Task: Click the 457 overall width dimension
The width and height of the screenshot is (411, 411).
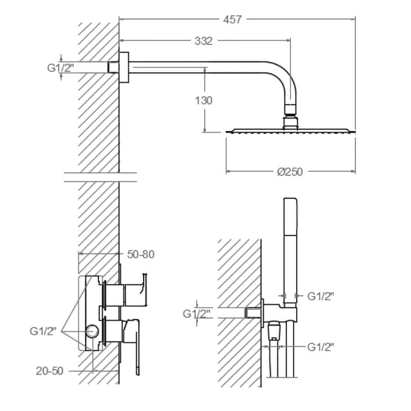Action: pyautogui.click(x=232, y=20)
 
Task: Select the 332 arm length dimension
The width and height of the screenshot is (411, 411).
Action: pyautogui.click(x=203, y=41)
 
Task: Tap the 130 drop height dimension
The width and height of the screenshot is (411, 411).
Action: pyautogui.click(x=204, y=100)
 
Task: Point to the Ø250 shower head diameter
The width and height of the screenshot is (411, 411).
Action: pyautogui.click(x=290, y=172)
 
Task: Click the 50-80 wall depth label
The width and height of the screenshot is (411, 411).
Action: pyautogui.click(x=141, y=254)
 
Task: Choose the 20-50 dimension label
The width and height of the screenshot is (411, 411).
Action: pyautogui.click(x=49, y=371)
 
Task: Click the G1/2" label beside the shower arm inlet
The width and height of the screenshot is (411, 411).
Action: pyautogui.click(x=61, y=68)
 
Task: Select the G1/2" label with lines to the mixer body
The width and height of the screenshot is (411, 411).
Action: pyautogui.click(x=43, y=331)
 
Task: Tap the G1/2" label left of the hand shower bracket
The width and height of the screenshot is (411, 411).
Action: pyautogui.click(x=196, y=313)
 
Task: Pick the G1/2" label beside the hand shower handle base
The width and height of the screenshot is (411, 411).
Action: pyautogui.click(x=321, y=296)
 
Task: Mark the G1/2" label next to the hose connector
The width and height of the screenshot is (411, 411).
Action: pyautogui.click(x=321, y=347)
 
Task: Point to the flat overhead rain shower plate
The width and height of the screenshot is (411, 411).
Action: pyautogui.click(x=290, y=131)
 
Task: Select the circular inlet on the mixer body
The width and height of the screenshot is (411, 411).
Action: pyautogui.click(x=92, y=332)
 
